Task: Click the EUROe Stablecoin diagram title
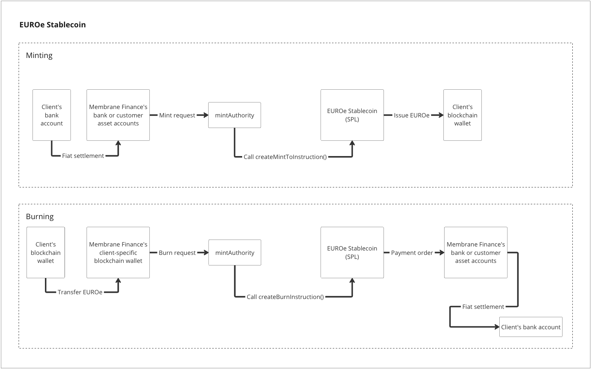(53, 25)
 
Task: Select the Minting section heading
(39, 55)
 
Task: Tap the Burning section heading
(40, 217)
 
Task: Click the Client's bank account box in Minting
(52, 115)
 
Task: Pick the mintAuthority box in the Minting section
(235, 115)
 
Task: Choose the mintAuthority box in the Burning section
(235, 253)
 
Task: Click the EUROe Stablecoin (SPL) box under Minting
(352, 115)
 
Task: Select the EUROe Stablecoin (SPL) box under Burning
(352, 253)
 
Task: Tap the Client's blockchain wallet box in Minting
(462, 115)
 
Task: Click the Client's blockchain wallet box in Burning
(46, 253)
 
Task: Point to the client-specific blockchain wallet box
(118, 253)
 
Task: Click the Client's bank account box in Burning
(531, 327)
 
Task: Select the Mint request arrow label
(177, 115)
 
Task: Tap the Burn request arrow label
(177, 253)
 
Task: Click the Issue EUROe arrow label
(412, 115)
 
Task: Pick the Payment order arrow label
(412, 253)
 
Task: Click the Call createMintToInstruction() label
(285, 157)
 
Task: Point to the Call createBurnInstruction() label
(285, 297)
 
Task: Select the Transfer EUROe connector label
(80, 292)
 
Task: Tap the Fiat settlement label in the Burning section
(483, 307)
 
